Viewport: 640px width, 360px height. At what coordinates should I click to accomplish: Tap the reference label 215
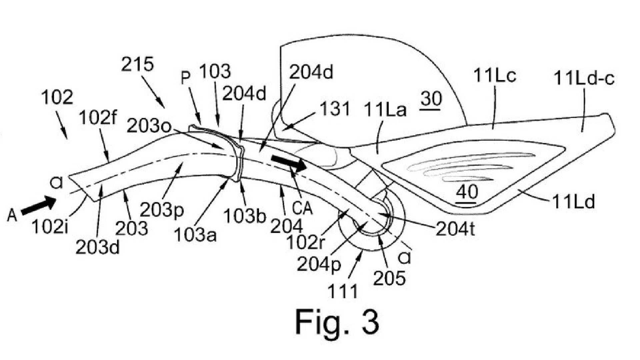[x=137, y=64]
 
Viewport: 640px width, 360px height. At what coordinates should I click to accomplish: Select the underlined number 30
[x=431, y=99]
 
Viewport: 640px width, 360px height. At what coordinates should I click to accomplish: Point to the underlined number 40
[x=467, y=192]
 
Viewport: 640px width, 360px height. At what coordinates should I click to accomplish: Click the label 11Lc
[x=494, y=76]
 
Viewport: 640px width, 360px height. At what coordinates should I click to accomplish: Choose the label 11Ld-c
[x=584, y=79]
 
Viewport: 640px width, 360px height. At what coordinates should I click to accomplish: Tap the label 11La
[x=385, y=109]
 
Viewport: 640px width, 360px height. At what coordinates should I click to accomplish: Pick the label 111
[x=343, y=291]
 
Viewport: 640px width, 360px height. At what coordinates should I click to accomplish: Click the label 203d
[x=97, y=247]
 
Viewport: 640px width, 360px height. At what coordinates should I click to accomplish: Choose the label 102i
[x=50, y=227]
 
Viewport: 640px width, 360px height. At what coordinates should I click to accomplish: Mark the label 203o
[x=149, y=127]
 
